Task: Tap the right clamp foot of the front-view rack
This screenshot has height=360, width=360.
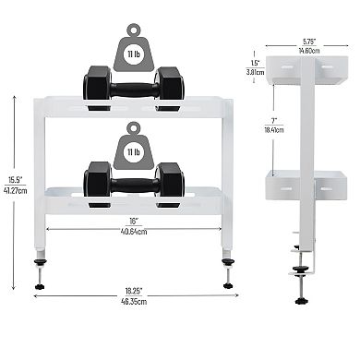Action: [x=227, y=275]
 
